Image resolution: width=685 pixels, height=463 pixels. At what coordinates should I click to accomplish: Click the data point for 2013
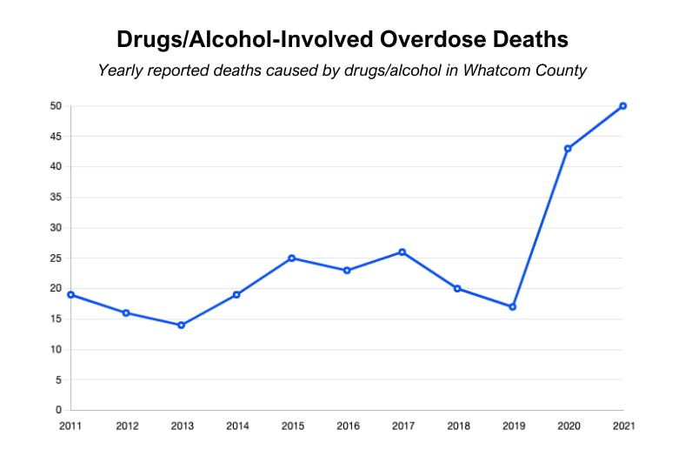181,325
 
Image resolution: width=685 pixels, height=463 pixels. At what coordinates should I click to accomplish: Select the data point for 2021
623,106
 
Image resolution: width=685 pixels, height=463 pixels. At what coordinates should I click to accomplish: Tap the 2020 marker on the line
568,149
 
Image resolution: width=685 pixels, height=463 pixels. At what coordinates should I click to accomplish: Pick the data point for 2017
402,252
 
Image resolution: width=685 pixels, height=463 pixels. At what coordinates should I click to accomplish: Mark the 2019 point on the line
513,306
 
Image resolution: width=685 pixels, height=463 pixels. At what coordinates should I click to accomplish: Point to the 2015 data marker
292,258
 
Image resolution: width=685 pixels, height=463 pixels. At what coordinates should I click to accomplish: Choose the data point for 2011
71,295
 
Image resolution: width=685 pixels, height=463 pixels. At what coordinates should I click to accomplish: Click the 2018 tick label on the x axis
457,426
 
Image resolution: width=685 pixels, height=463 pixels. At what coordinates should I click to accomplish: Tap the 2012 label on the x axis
126,426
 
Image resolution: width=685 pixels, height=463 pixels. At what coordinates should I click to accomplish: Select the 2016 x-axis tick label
347,426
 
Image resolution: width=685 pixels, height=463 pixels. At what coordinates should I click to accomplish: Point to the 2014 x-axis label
236,426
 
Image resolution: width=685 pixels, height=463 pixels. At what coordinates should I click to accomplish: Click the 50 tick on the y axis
56,106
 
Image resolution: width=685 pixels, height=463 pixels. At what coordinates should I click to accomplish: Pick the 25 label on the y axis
56,258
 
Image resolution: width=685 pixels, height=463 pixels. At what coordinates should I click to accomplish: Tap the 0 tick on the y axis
58,410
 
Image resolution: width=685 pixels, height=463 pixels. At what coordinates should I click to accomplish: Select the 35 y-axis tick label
56,198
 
